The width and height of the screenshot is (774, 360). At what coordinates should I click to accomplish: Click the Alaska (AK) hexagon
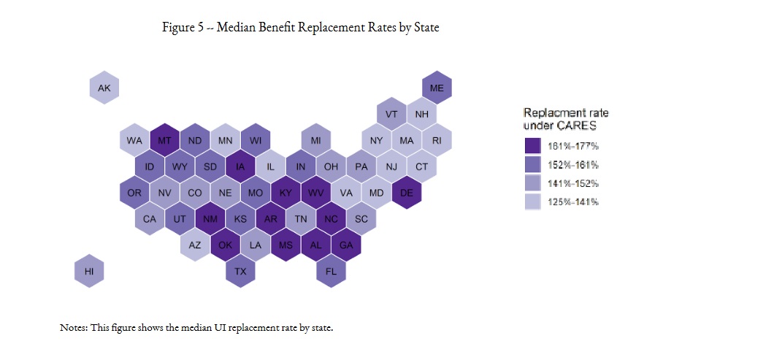point(104,88)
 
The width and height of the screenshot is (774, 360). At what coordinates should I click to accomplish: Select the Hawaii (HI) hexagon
point(89,271)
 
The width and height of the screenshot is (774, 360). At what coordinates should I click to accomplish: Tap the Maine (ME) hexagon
point(437,88)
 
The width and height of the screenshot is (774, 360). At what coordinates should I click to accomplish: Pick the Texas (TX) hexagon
point(240,271)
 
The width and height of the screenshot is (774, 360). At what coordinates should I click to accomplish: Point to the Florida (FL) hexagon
point(331,271)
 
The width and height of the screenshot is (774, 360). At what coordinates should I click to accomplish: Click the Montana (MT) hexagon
point(164,140)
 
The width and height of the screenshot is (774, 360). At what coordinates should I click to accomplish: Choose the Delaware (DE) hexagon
point(407,193)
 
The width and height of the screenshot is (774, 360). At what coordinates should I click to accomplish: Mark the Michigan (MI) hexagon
point(315,140)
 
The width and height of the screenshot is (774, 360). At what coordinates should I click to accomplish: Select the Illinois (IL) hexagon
point(270,166)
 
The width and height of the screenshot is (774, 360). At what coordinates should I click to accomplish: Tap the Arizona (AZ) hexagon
point(195,245)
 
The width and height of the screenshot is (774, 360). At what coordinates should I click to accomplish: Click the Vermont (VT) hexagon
point(391,114)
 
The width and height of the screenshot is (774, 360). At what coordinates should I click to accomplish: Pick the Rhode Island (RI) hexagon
point(437,140)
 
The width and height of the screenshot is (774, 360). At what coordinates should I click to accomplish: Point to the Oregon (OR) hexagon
point(134,193)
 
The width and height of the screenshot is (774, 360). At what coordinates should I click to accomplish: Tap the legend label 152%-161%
point(573,164)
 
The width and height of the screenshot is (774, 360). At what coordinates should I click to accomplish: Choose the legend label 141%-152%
point(573,183)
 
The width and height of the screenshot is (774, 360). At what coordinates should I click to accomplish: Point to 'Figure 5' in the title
point(183,27)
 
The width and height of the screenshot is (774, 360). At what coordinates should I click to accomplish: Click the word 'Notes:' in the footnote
point(74,327)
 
